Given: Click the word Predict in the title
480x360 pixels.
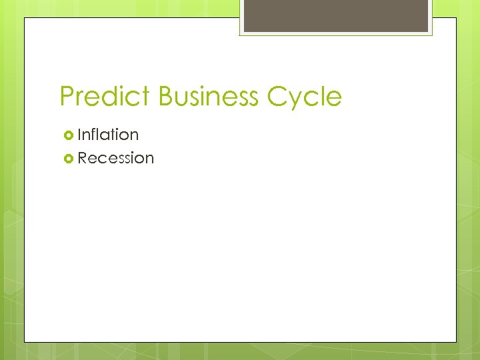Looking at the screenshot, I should point(106,97).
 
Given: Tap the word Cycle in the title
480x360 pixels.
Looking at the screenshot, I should point(305,97).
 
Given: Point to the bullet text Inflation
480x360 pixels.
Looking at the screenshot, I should point(108,135).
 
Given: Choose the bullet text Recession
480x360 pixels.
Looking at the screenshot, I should point(115,158).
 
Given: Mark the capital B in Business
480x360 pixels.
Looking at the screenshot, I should point(167,97).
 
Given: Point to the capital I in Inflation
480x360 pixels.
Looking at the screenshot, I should point(80,135).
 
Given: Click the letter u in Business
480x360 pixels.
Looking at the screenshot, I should point(186,99).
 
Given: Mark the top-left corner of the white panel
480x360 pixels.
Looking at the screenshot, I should point(25,18).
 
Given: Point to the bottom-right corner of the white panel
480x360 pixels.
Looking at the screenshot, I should point(457,342).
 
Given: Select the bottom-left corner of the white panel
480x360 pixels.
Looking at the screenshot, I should point(25,342).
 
